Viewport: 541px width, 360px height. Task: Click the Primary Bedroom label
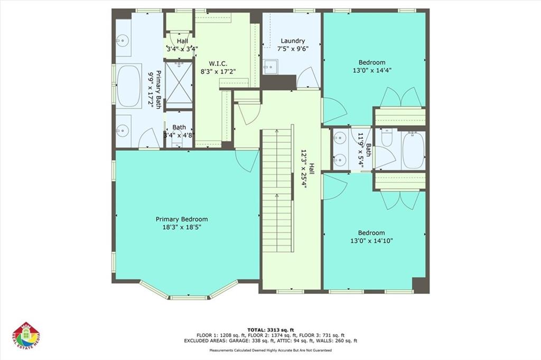pyautogui.click(x=181, y=219)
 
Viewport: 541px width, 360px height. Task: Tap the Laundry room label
pyautogui.click(x=293, y=41)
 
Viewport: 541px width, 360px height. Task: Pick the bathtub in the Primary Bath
pyautogui.click(x=129, y=85)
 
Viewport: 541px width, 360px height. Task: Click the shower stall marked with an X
pyautogui.click(x=179, y=85)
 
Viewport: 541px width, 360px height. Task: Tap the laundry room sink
pyautogui.click(x=270, y=67)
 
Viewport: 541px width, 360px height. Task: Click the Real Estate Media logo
pyautogui.click(x=26, y=336)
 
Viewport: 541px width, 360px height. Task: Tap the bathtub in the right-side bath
pyautogui.click(x=413, y=151)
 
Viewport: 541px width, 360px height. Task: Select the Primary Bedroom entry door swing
pyautogui.click(x=247, y=160)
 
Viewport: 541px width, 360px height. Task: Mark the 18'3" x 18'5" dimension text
pyautogui.click(x=181, y=227)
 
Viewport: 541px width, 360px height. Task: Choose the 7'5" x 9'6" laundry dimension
pyautogui.click(x=293, y=49)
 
